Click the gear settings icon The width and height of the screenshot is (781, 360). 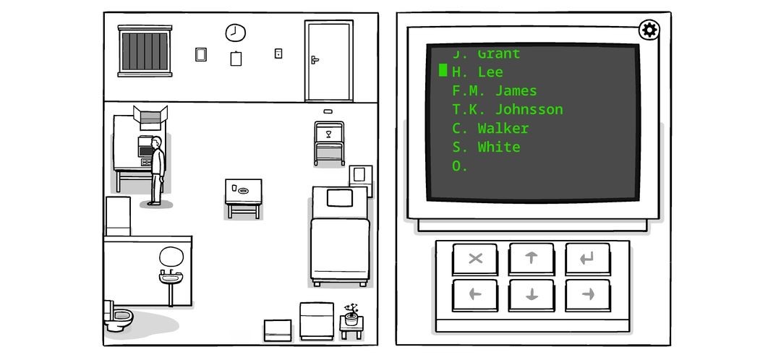pyautogui.click(x=649, y=30)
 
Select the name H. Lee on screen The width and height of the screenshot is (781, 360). pyautogui.click(x=477, y=72)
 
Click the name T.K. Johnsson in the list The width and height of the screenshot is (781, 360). pyautogui.click(x=507, y=110)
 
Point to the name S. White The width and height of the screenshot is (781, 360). pyautogui.click(x=486, y=147)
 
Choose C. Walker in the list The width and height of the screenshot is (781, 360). pyautogui.click(x=490, y=129)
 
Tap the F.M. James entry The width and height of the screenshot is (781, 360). pyautogui.click(x=495, y=91)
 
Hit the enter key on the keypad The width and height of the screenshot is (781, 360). pyautogui.click(x=587, y=258)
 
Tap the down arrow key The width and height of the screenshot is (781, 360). pyautogui.click(x=532, y=294)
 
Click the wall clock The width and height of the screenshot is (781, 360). pyautogui.click(x=236, y=33)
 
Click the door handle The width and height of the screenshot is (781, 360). pyautogui.click(x=315, y=60)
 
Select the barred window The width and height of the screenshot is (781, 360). pyautogui.click(x=145, y=51)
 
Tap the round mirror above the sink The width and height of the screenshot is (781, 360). pyautogui.click(x=171, y=256)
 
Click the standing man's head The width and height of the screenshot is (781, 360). pyautogui.click(x=156, y=142)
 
